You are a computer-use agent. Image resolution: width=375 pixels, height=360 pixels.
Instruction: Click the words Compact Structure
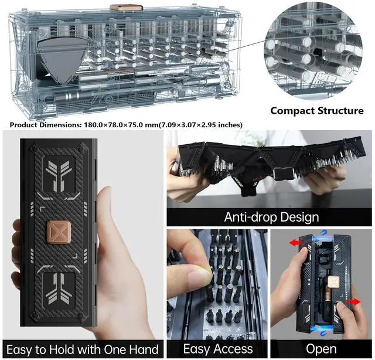point(316,110)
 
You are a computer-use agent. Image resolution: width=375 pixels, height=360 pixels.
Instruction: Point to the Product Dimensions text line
point(126,124)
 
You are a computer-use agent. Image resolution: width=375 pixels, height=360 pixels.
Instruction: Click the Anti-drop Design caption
point(271,217)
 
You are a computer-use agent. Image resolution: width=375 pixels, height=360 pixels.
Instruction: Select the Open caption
point(321,349)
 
